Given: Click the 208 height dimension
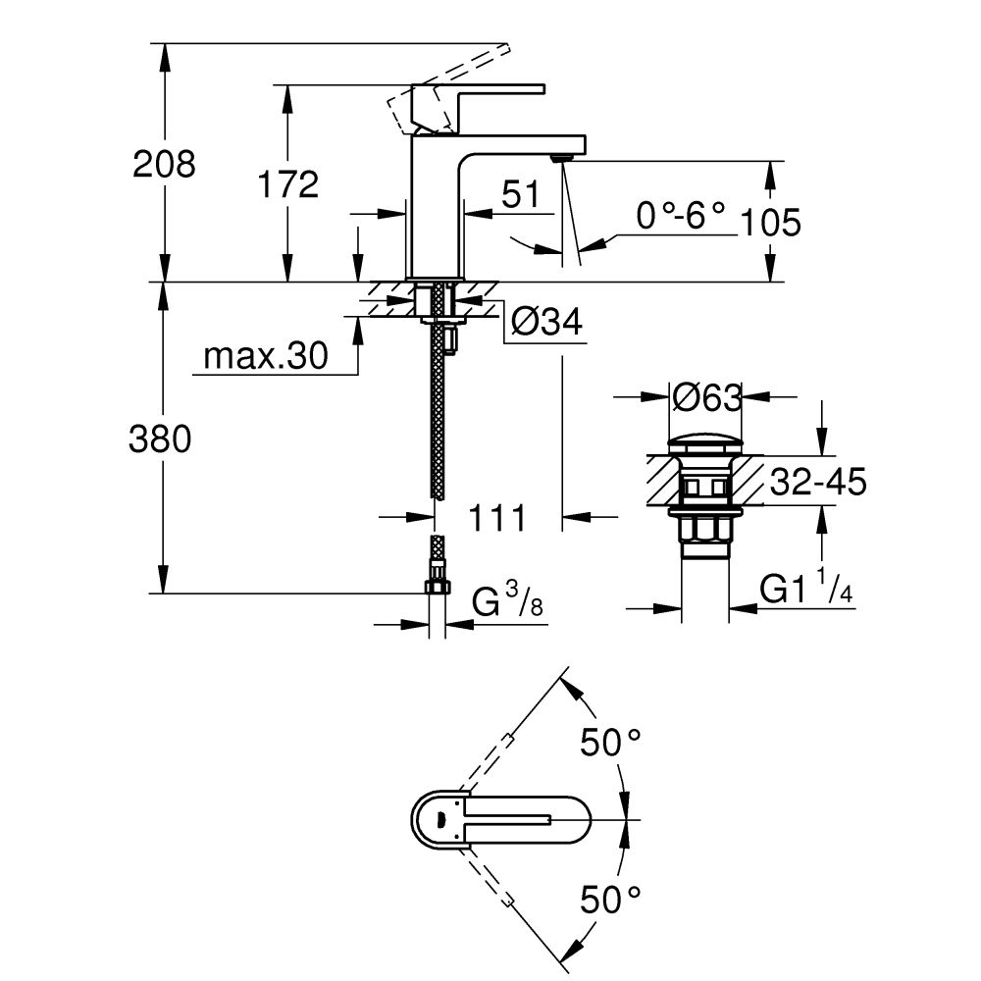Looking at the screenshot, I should tap(164, 164).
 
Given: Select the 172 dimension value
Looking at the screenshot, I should tap(287, 183).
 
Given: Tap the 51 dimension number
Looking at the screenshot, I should tap(521, 194).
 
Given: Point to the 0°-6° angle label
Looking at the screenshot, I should tap(680, 214).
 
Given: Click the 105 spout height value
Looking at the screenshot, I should tap(770, 223).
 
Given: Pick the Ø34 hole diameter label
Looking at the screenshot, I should tap(546, 321).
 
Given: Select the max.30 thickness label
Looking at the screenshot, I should tap(264, 358).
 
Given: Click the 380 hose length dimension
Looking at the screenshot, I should tap(160, 440).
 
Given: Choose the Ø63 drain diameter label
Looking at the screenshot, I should tap(705, 398).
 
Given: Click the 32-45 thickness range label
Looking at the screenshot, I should tap(817, 482).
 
